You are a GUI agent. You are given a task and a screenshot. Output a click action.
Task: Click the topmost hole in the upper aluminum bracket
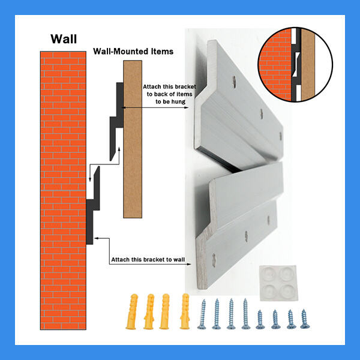pos(234,79)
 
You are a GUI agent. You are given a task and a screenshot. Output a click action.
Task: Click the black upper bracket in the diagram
pos(116,120)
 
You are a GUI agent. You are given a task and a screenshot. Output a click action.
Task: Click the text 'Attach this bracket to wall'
pos(147,260)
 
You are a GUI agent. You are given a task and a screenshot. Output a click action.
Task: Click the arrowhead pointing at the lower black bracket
pos(97,239)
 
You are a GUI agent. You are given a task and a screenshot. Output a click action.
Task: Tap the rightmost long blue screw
pos(245,314)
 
